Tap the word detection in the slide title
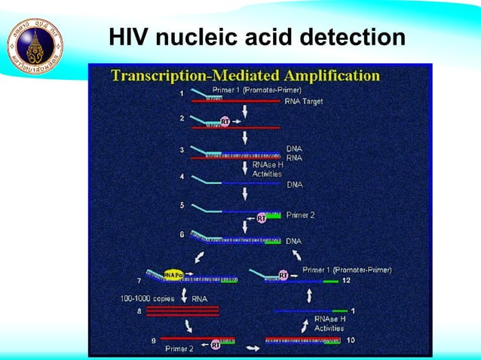pos(351,37)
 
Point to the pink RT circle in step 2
pos(225,121)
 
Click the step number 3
pos(181,150)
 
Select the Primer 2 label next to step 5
pos(300,215)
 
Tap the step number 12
pos(346,279)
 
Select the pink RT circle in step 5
pos(261,218)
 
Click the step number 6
pos(181,234)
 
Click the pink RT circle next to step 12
pos(283,276)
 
